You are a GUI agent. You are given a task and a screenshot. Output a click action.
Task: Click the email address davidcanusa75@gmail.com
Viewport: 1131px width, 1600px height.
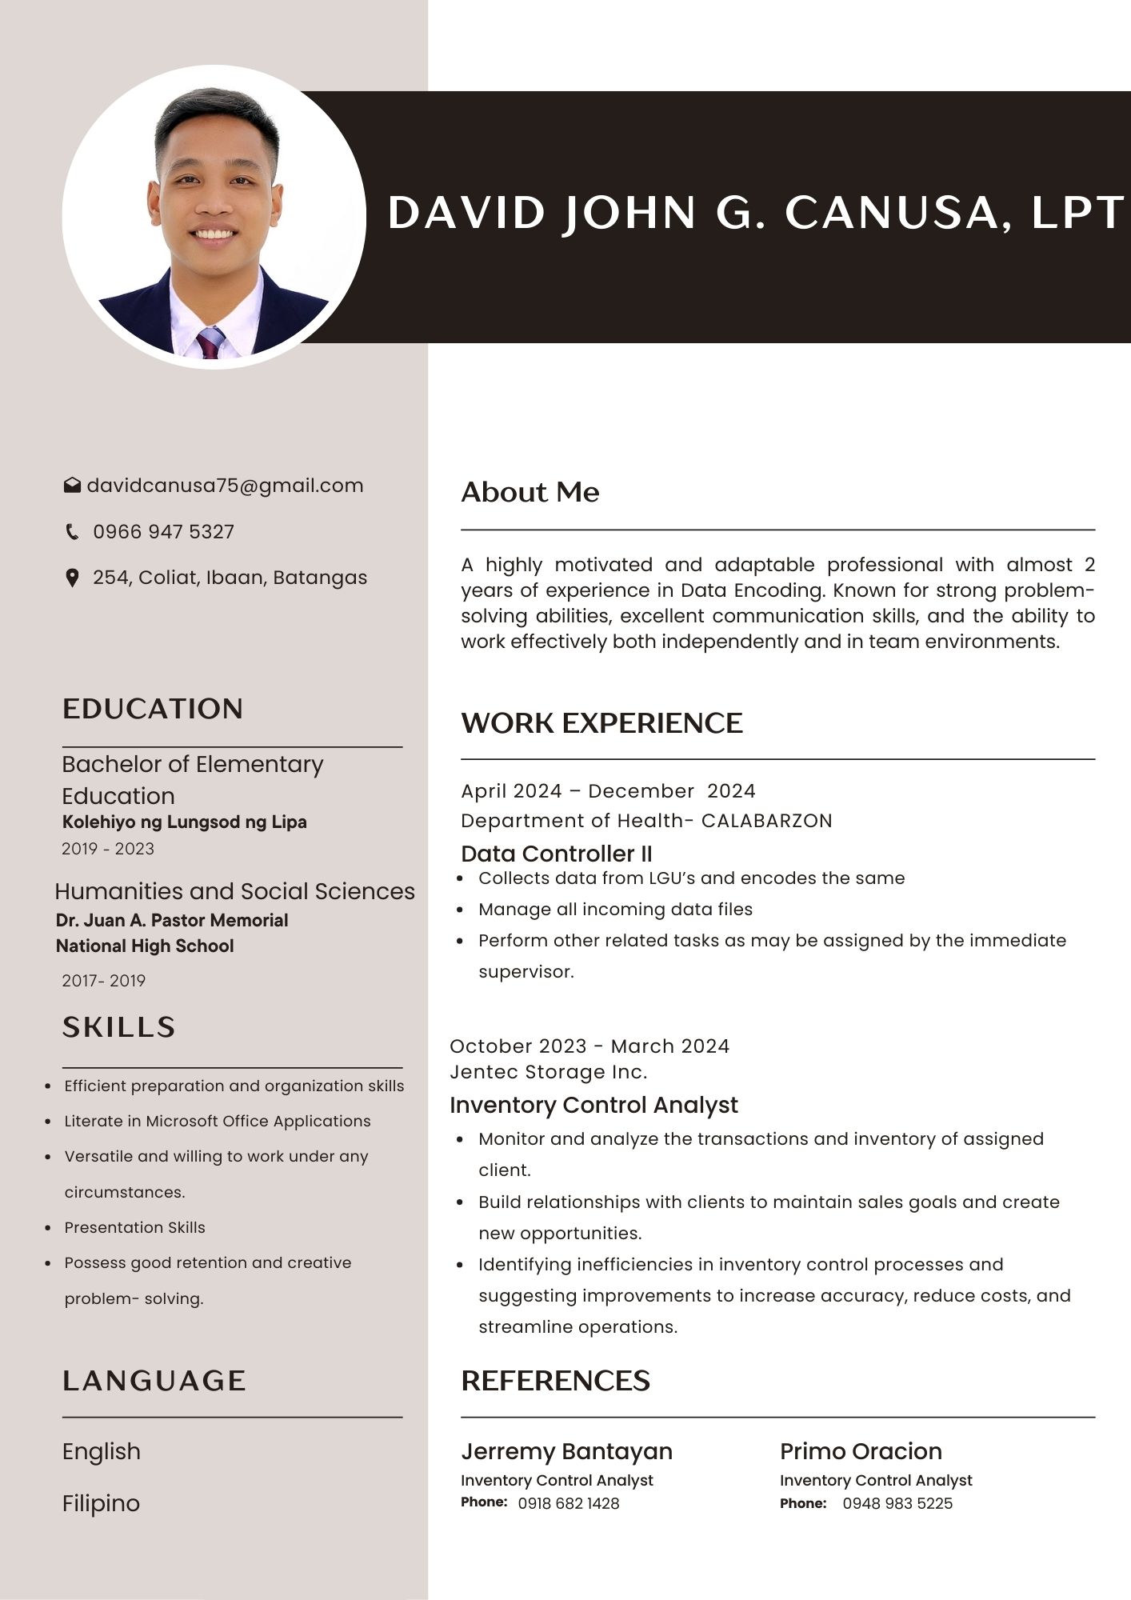click(x=225, y=486)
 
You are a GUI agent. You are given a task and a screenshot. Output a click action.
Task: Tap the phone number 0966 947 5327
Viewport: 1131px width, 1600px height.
click(x=163, y=532)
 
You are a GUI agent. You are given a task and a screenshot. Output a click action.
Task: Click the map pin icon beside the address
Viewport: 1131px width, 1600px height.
click(x=72, y=578)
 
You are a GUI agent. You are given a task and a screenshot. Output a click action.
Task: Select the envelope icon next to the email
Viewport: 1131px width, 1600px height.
click(x=72, y=486)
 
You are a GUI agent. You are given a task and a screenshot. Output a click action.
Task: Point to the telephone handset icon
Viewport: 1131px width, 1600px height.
click(x=72, y=532)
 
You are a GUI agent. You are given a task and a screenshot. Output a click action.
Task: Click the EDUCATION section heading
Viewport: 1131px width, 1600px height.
click(x=153, y=709)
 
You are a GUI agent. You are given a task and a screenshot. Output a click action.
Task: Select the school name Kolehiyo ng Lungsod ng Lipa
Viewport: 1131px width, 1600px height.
click(x=185, y=822)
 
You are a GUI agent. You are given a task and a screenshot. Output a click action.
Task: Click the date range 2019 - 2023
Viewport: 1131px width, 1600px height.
click(x=108, y=849)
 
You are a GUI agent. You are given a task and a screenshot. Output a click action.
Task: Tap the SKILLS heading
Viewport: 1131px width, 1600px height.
click(x=119, y=1027)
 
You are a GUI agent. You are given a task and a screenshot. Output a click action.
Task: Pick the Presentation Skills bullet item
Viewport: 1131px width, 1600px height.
click(x=134, y=1227)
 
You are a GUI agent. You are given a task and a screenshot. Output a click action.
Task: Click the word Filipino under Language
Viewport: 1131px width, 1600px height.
click(x=101, y=1503)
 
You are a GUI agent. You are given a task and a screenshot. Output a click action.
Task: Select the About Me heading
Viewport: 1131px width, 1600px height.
click(x=530, y=492)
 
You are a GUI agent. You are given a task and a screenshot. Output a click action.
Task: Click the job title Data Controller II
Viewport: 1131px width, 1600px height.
click(x=557, y=854)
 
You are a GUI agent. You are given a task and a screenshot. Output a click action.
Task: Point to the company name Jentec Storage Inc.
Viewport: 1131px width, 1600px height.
click(x=549, y=1072)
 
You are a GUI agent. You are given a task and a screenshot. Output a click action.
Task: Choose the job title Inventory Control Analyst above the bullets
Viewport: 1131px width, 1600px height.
click(x=593, y=1105)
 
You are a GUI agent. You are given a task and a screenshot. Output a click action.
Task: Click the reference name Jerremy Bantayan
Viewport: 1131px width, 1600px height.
click(x=566, y=1451)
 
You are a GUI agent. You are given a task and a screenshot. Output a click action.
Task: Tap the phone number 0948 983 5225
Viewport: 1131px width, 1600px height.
click(x=897, y=1503)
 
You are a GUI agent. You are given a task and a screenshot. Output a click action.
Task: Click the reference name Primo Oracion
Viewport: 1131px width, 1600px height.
click(x=861, y=1451)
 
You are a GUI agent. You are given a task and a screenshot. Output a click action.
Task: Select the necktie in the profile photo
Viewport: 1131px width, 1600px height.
click(x=210, y=343)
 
